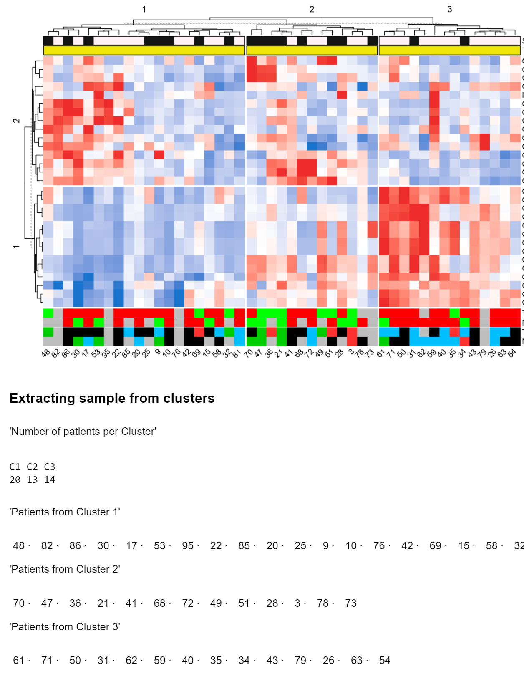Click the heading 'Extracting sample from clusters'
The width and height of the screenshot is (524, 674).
(112, 398)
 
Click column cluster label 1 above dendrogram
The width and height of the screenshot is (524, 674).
(144, 9)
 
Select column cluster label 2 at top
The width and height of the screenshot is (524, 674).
(312, 9)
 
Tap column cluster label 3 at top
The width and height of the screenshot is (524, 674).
(449, 9)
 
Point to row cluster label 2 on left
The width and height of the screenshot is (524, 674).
(16, 121)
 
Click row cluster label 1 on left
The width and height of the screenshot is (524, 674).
(16, 247)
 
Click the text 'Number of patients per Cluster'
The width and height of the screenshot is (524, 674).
(83, 431)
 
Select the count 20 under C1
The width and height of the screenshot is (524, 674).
(15, 480)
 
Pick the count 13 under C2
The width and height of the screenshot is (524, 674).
(32, 480)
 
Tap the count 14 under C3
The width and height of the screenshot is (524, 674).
(50, 480)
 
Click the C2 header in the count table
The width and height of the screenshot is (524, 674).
(32, 467)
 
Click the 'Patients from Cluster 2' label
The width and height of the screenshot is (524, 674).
(65, 569)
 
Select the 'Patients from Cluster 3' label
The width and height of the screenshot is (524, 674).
(65, 626)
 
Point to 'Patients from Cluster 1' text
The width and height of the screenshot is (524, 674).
(65, 512)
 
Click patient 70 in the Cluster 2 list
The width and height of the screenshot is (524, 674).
(19, 603)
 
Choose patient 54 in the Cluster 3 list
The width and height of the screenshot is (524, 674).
(385, 660)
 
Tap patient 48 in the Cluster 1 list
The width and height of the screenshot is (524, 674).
(19, 545)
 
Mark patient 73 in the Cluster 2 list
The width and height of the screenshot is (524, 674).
(351, 603)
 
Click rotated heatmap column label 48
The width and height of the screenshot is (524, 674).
(46, 353)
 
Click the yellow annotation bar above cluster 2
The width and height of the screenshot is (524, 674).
(312, 50)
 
